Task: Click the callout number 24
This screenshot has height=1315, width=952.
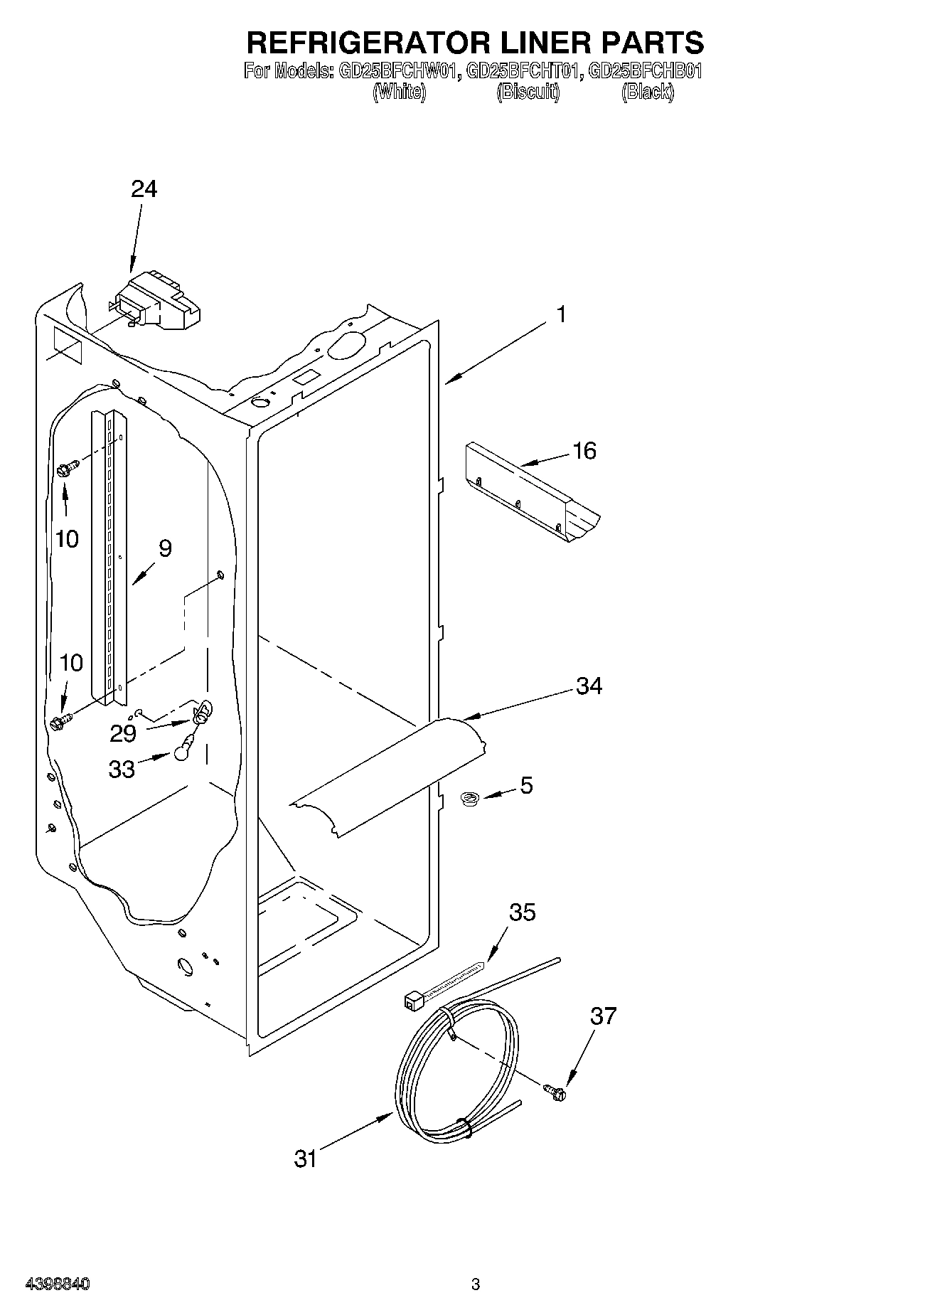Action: click(144, 189)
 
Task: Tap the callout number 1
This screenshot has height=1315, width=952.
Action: click(561, 314)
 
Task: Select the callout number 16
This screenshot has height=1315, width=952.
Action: click(584, 450)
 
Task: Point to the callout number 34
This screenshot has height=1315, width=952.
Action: click(589, 686)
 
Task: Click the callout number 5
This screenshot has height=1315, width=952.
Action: click(526, 785)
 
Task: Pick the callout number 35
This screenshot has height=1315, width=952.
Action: click(523, 912)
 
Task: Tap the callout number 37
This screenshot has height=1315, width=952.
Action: click(603, 1016)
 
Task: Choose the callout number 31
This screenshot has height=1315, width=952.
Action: click(305, 1159)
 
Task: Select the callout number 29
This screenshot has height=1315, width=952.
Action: click(123, 733)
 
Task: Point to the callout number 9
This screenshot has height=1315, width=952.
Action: click(165, 548)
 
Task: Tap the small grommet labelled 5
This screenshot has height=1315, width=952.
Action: click(469, 799)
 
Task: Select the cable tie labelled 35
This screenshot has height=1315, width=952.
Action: click(441, 986)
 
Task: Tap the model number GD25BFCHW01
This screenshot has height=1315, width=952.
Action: click(394, 71)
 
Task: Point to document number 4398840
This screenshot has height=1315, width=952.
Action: click(58, 1284)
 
